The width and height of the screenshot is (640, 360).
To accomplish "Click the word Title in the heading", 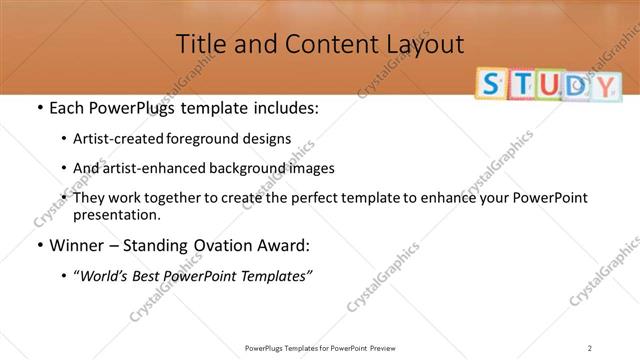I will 199,43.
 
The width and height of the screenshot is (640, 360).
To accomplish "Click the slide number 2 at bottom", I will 590,347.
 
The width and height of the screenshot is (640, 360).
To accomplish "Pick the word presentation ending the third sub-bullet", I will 116,214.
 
